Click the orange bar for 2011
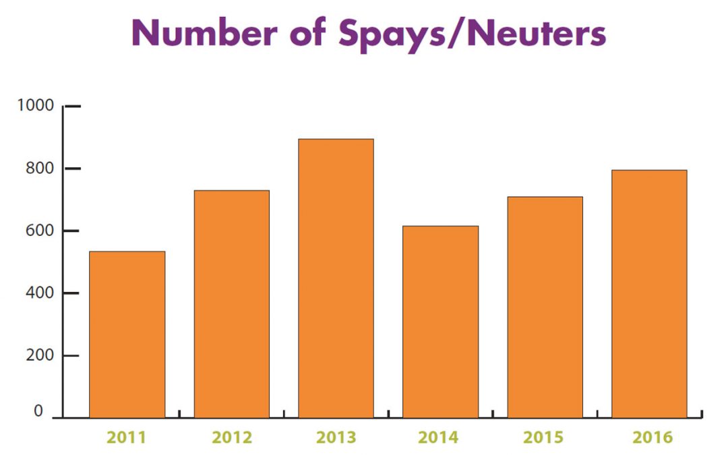click(x=127, y=334)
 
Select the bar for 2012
click(x=231, y=304)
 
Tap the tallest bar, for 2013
click(x=336, y=278)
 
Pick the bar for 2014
click(x=440, y=322)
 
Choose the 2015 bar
click(x=545, y=307)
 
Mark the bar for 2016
click(x=649, y=294)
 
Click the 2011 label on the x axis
click(x=127, y=437)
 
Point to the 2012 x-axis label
click(x=232, y=437)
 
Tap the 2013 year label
click(x=336, y=437)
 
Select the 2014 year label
click(x=440, y=437)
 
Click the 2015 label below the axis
click(x=545, y=437)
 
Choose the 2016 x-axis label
click(x=652, y=437)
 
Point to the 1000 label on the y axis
click(x=34, y=106)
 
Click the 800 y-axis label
click(x=38, y=168)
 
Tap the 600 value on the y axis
click(x=38, y=231)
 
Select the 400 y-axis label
click(x=38, y=293)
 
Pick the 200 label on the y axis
click(x=38, y=355)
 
